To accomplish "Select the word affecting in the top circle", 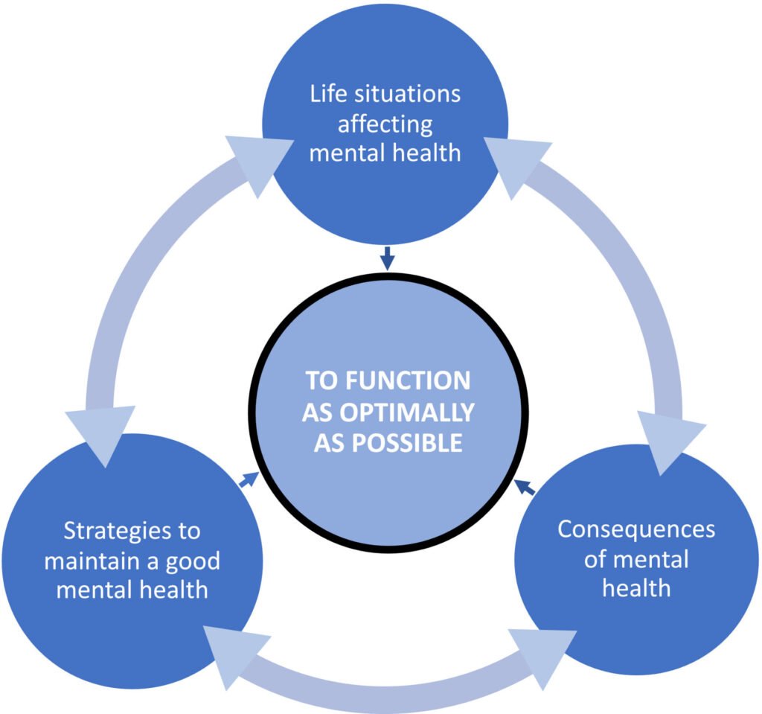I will pos(385,124).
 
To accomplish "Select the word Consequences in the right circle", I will pos(636,529).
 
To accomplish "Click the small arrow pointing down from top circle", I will pos(385,259).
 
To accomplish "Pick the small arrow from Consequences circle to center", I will pos(525,488).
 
